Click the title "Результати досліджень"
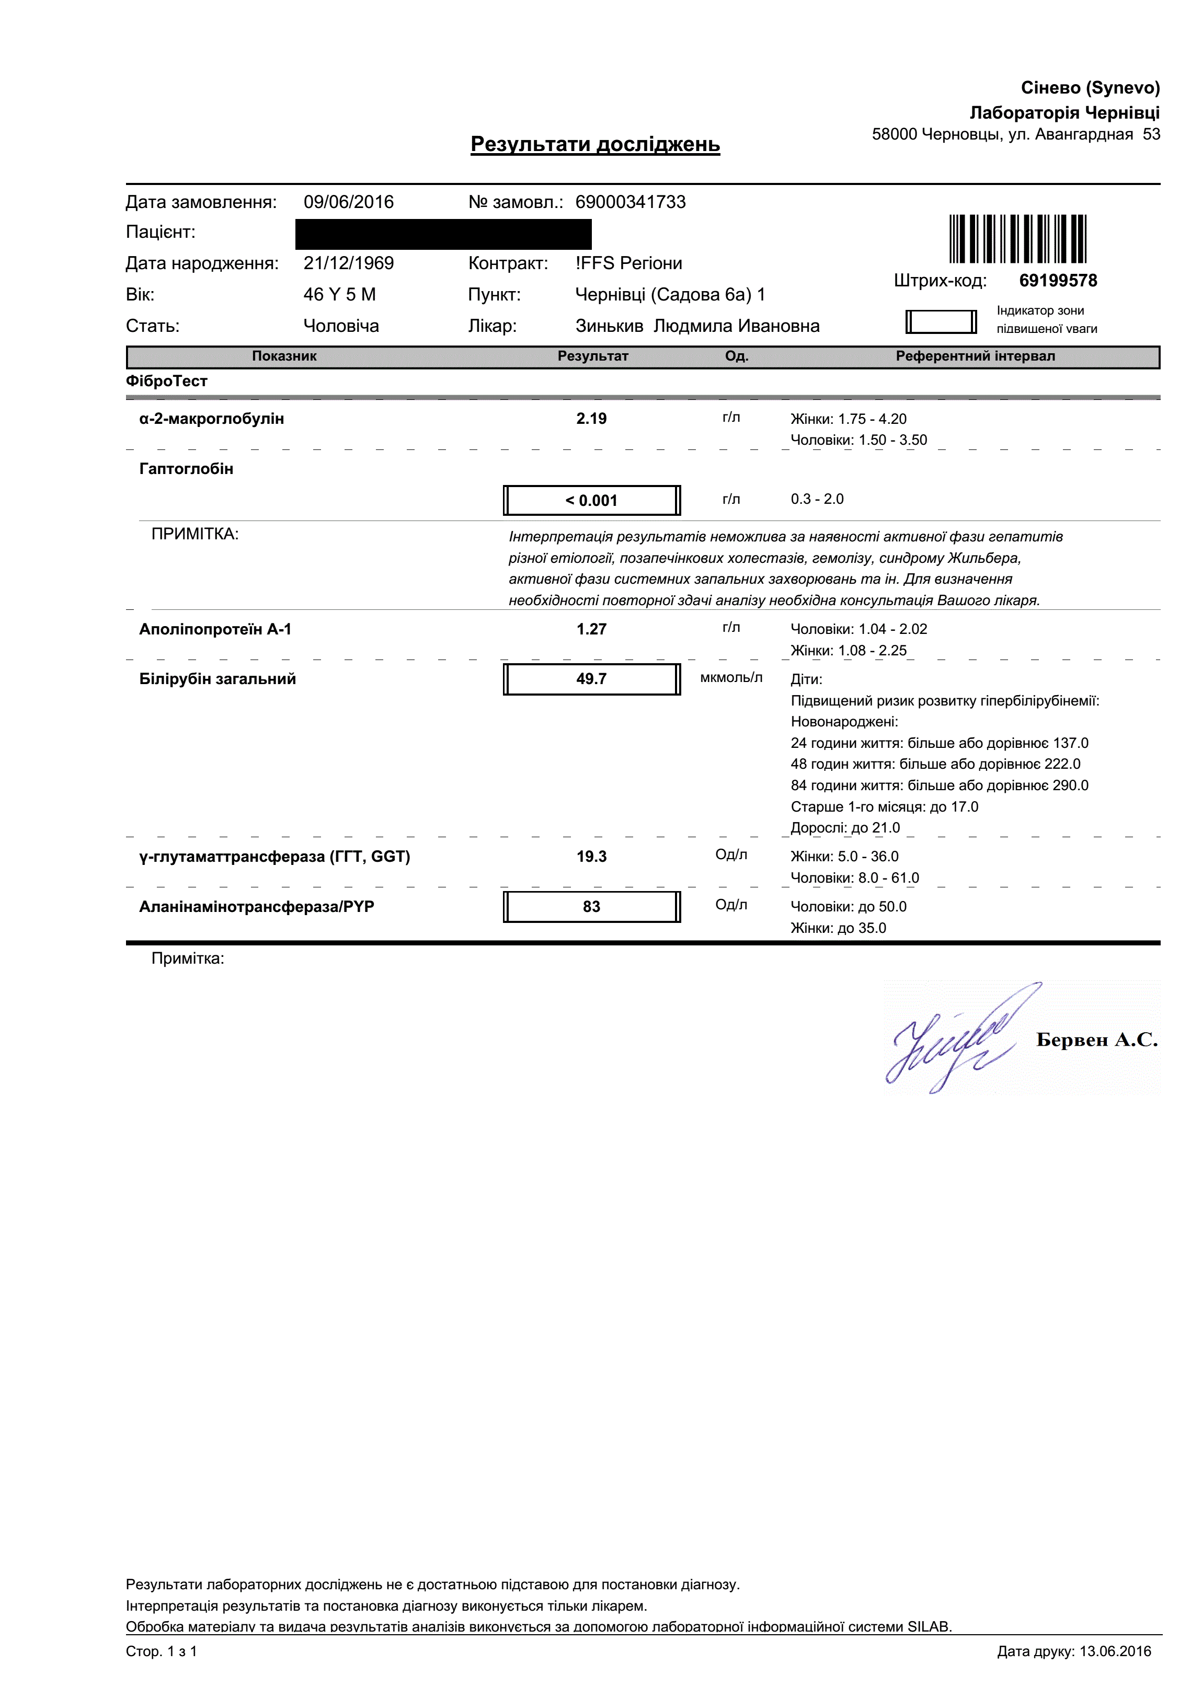(595, 144)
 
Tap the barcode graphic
(1018, 238)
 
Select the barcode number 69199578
(1058, 281)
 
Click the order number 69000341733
(631, 202)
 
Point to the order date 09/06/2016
(349, 202)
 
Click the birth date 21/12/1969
(349, 263)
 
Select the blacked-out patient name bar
(443, 234)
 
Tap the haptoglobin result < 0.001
(591, 500)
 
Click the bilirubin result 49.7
(591, 678)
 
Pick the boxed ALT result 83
(591, 907)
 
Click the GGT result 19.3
(591, 856)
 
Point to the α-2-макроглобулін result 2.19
(591, 418)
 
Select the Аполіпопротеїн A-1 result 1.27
(591, 629)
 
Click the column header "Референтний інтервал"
(975, 356)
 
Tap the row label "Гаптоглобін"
(187, 468)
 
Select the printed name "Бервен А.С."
(1096, 1039)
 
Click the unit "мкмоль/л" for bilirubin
(730, 677)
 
